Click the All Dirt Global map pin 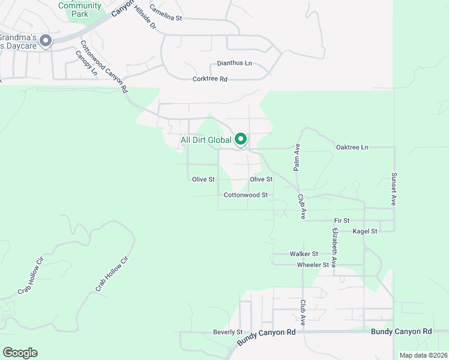pos(241,140)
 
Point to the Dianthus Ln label pos(234,64)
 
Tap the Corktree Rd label pos(210,79)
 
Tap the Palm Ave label pos(297,157)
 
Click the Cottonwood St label pos(246,195)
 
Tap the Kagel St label pos(365,231)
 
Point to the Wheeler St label pos(313,265)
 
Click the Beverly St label pos(228,332)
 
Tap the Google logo pos(20,353)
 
